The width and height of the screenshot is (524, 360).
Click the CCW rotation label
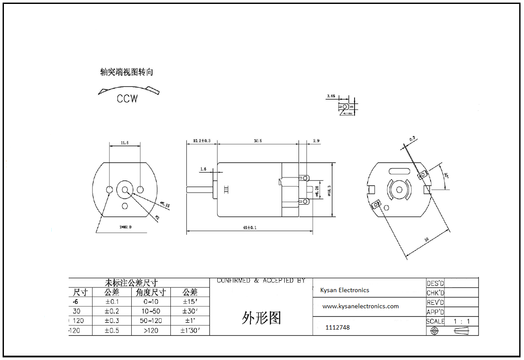pos(127,99)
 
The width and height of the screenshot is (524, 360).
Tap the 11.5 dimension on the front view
pos(124,143)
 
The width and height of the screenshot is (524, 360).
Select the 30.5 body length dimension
pos(258,141)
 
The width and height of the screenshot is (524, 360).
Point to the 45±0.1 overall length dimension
pos(249,227)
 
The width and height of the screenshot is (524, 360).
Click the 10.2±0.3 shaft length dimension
pos(202,141)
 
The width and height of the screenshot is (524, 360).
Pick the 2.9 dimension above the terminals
pos(316,141)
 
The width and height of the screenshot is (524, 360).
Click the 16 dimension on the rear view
pos(427,240)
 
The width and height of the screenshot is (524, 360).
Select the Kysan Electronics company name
pos(345,290)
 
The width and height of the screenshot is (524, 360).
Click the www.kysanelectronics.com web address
pos(360,306)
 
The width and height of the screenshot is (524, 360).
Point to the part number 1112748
pos(337,327)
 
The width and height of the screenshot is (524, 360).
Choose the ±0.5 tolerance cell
pos(112,330)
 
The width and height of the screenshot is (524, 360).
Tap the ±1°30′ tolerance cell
pos(190,330)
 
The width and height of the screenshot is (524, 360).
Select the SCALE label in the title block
pos(435,321)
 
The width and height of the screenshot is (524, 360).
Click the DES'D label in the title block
pos(435,283)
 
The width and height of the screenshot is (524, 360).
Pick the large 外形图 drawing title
pos(261,318)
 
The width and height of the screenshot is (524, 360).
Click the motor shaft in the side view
pos(199,190)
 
